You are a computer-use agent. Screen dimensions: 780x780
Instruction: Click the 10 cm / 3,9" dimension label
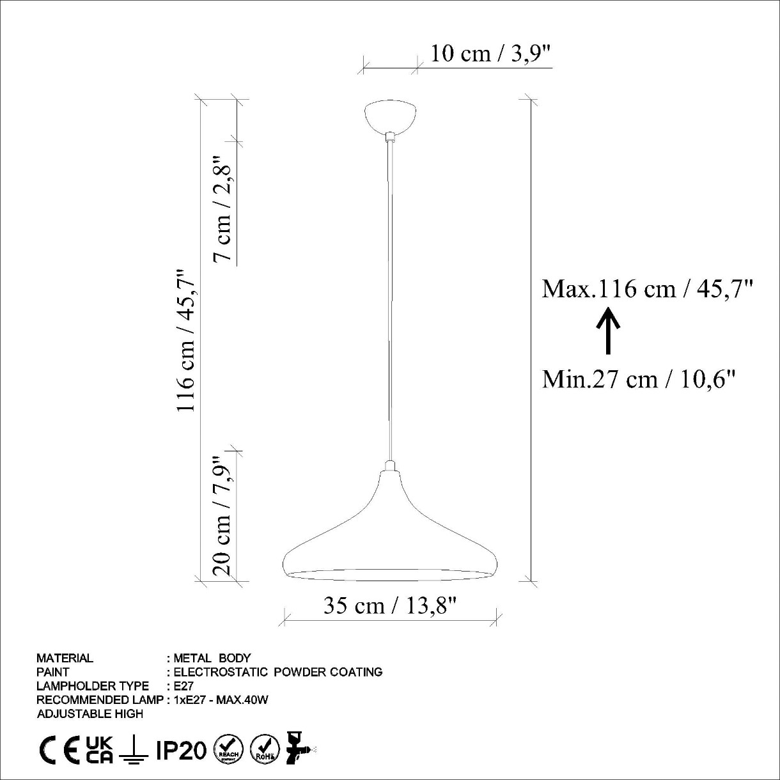pyautogui.click(x=490, y=54)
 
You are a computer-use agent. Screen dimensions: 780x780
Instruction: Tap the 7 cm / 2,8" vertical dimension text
pyautogui.click(x=222, y=208)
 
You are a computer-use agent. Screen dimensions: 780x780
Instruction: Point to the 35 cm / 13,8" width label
pyautogui.click(x=390, y=605)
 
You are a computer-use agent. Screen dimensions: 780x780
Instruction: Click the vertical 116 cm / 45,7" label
pyautogui.click(x=185, y=340)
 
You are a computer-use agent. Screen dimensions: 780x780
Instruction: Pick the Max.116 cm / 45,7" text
pyautogui.click(x=647, y=290)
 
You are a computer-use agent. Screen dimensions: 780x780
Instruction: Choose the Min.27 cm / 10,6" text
pyautogui.click(x=638, y=380)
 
